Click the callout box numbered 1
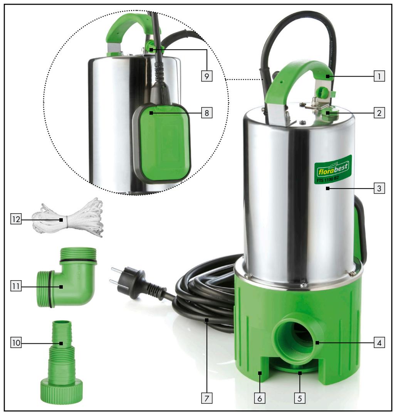(x=379, y=76)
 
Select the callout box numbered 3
(x=379, y=188)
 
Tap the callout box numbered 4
(x=379, y=343)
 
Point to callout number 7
(x=207, y=398)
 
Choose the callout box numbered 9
(x=207, y=76)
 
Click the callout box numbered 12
(x=16, y=219)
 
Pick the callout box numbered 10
(x=16, y=343)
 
